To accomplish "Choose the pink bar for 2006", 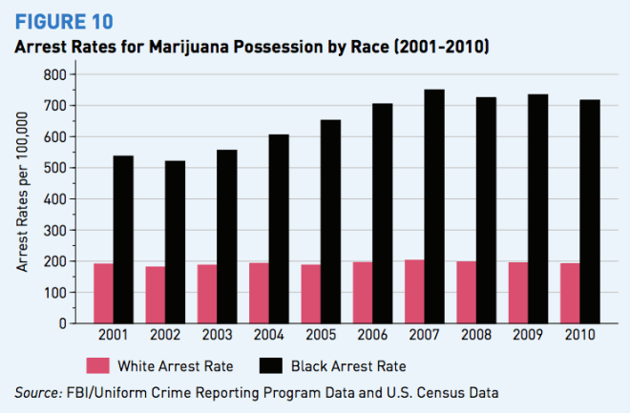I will tap(364, 292).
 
